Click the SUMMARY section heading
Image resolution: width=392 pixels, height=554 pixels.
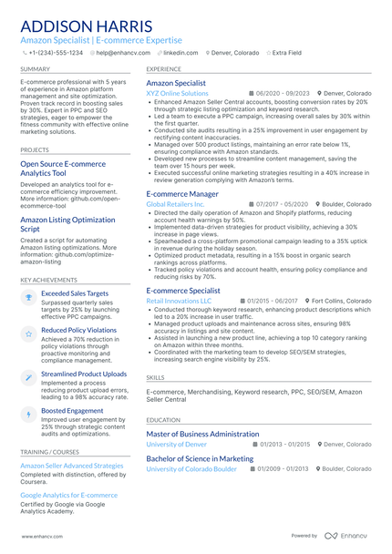pos(35,68)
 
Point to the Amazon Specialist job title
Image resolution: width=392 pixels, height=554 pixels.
pos(176,83)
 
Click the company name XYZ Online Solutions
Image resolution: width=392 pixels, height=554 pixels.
pos(177,93)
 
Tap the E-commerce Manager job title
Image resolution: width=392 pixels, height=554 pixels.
pos(182,194)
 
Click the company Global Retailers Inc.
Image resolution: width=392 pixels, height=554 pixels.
pos(176,204)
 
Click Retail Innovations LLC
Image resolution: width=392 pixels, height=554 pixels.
pos(179,300)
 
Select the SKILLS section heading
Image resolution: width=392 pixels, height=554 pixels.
pos(156,376)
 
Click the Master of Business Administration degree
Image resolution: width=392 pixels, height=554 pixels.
pos(202,435)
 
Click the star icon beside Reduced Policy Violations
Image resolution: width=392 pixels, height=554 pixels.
pos(29,335)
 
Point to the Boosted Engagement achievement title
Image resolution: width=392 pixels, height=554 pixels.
pos(72,410)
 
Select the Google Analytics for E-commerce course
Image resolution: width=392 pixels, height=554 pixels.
pos(69,495)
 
